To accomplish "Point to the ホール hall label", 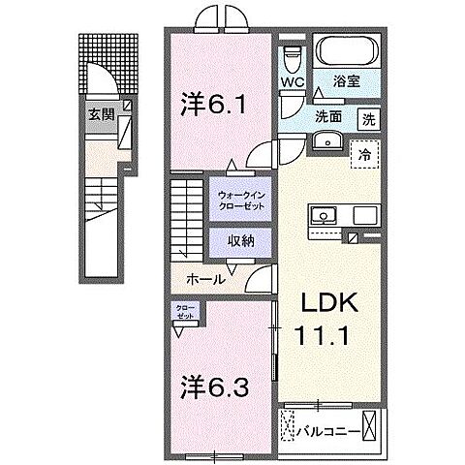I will pos(206,279).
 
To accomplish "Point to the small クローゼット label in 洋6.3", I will pos(183,313).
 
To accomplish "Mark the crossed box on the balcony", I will pos(289,427).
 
